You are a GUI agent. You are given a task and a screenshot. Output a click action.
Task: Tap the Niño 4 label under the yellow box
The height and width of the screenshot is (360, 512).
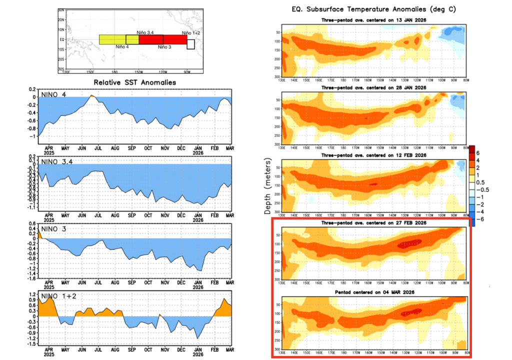click(x=122, y=47)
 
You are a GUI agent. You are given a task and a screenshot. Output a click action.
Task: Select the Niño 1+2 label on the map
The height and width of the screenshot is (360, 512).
click(x=190, y=32)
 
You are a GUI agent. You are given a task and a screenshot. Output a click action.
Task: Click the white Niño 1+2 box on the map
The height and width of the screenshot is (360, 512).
click(x=190, y=44)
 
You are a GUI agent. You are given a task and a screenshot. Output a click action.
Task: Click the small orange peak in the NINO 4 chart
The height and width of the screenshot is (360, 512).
click(x=92, y=96)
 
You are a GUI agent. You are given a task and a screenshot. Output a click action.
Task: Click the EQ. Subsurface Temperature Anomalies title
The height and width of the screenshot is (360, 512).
click(x=373, y=9)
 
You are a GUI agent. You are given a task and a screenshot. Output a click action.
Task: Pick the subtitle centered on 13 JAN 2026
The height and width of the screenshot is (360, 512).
click(x=373, y=19)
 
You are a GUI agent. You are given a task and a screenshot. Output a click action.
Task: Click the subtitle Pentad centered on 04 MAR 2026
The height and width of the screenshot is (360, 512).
click(x=373, y=291)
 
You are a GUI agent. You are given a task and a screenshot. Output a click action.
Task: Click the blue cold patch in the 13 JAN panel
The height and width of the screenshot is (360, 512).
click(x=452, y=33)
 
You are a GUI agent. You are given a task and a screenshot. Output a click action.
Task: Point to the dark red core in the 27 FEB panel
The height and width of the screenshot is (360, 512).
click(x=409, y=243)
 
